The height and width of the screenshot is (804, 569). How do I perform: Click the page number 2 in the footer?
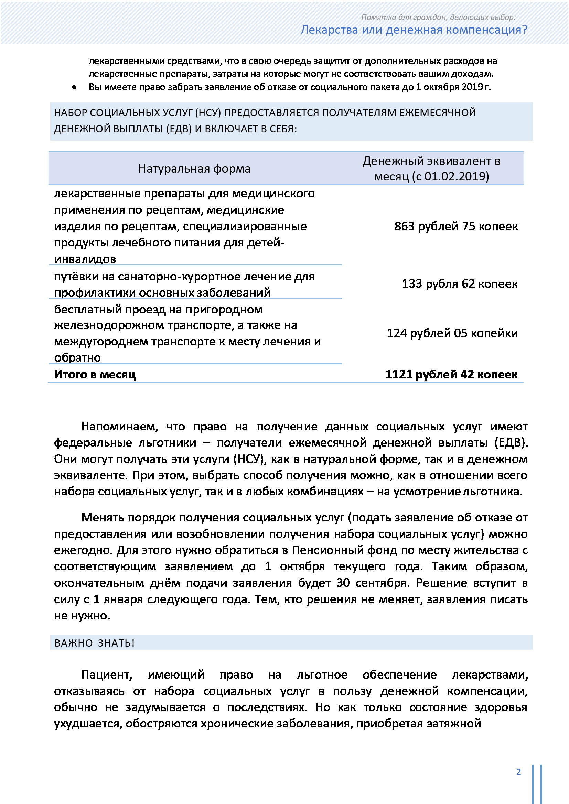click(x=518, y=772)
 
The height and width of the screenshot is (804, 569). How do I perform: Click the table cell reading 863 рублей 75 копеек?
click(x=456, y=226)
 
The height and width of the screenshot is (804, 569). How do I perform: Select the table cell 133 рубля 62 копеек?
click(x=459, y=284)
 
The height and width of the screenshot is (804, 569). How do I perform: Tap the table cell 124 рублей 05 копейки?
click(x=452, y=333)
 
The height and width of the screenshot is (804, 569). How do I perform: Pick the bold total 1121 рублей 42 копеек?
click(x=451, y=374)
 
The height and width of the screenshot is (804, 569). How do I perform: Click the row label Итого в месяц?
click(x=95, y=374)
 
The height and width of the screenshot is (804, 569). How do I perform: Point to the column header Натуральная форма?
click(x=194, y=169)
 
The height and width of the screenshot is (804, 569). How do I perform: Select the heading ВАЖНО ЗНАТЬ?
click(x=94, y=643)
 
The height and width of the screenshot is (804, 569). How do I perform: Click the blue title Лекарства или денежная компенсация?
click(x=414, y=30)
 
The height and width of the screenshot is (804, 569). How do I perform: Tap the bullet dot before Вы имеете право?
click(x=74, y=87)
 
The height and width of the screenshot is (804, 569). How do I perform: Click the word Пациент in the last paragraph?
click(x=107, y=675)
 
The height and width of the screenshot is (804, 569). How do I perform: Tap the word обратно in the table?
click(x=77, y=358)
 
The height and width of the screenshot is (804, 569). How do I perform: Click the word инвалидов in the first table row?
click(x=85, y=259)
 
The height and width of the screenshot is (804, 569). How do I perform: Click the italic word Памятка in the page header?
click(x=375, y=17)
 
